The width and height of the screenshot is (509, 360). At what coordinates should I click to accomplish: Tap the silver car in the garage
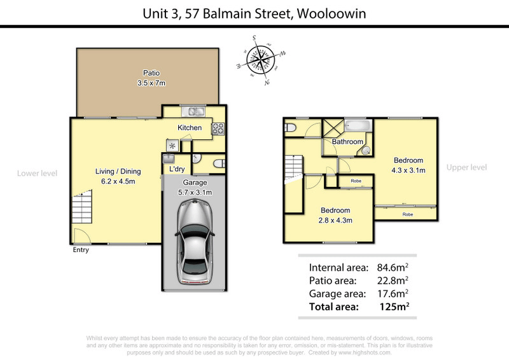[x=197, y=242]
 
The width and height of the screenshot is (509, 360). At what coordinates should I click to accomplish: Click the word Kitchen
[x=190, y=128]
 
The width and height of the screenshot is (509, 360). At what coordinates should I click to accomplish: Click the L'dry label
[x=176, y=170]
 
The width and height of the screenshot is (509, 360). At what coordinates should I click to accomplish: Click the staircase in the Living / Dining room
[x=81, y=208]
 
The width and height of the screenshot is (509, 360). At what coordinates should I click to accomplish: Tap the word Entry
[x=81, y=250]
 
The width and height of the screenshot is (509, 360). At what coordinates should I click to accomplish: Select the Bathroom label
[x=347, y=142]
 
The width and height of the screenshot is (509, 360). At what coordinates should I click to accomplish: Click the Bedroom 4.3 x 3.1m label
[x=408, y=165]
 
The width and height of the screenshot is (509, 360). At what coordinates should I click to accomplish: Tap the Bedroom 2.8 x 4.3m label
[x=335, y=215]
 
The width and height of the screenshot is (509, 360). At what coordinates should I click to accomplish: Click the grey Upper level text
[x=466, y=167]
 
